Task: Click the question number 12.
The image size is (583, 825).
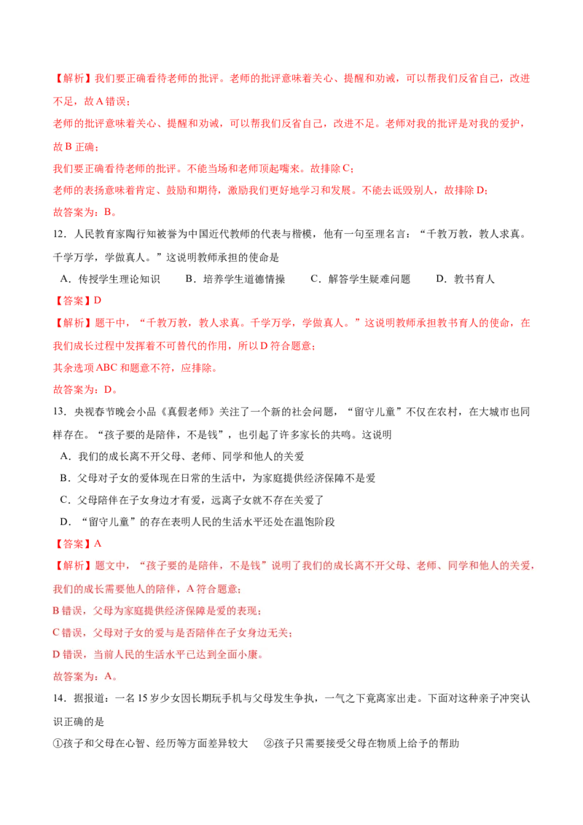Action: coord(59,234)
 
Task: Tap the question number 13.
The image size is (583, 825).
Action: coord(59,412)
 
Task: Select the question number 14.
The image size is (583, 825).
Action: coord(59,699)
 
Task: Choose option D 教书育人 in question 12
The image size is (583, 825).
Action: coord(465,279)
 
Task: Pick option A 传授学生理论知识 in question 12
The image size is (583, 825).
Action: coord(110,279)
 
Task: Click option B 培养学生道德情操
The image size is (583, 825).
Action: coord(235,279)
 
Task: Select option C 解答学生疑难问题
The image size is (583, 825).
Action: coord(361,279)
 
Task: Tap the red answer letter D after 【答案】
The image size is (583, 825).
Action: coord(98,300)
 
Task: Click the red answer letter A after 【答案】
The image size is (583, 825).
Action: coord(98,544)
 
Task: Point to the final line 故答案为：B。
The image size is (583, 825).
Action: coord(85,212)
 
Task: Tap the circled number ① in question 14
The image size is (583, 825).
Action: coord(58,743)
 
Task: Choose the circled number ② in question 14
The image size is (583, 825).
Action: coord(269,743)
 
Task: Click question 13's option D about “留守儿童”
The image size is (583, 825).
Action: coord(197,522)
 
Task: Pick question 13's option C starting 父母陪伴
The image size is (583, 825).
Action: coord(192,500)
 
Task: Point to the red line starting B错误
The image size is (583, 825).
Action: coord(157,611)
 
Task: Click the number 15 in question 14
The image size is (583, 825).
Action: coord(143,699)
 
